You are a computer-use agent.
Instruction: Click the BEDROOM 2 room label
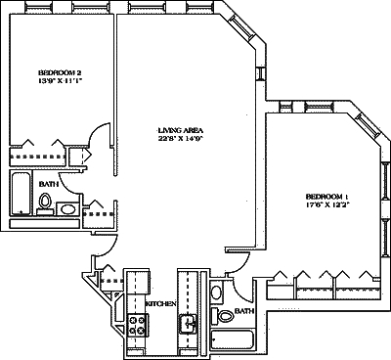click(59, 73)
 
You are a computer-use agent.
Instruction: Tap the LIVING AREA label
click(179, 129)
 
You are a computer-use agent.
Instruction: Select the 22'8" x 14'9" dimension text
click(179, 139)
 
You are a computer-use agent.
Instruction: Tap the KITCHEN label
click(160, 304)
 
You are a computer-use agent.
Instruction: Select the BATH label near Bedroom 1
click(243, 310)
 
